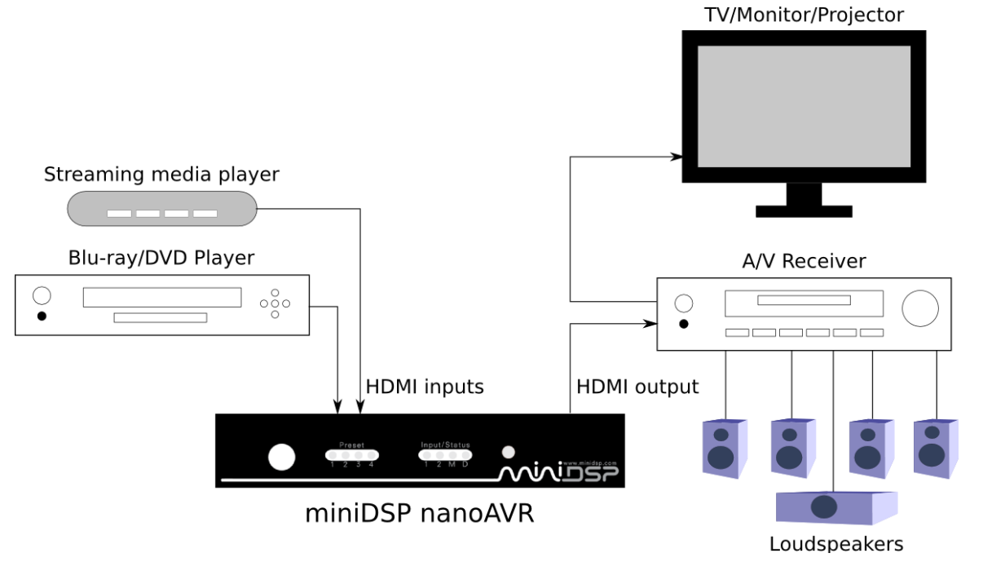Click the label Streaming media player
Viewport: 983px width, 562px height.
[x=161, y=174]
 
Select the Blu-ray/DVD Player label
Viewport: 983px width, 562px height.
[x=161, y=258]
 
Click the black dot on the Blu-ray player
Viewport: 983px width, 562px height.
[x=42, y=316]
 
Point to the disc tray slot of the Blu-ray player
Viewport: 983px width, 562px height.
[x=161, y=317]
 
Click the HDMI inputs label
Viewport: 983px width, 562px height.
[x=425, y=387]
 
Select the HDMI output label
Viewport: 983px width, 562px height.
[x=637, y=387]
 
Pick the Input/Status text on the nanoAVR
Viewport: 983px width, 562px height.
[x=445, y=445]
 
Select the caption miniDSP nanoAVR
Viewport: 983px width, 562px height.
[x=420, y=514]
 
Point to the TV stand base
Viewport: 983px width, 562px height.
[x=804, y=210]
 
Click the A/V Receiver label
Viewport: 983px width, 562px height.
[x=804, y=261]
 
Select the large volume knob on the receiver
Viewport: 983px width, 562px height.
[x=919, y=307]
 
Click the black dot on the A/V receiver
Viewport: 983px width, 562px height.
[x=684, y=324]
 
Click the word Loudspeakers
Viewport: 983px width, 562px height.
[x=836, y=544]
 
